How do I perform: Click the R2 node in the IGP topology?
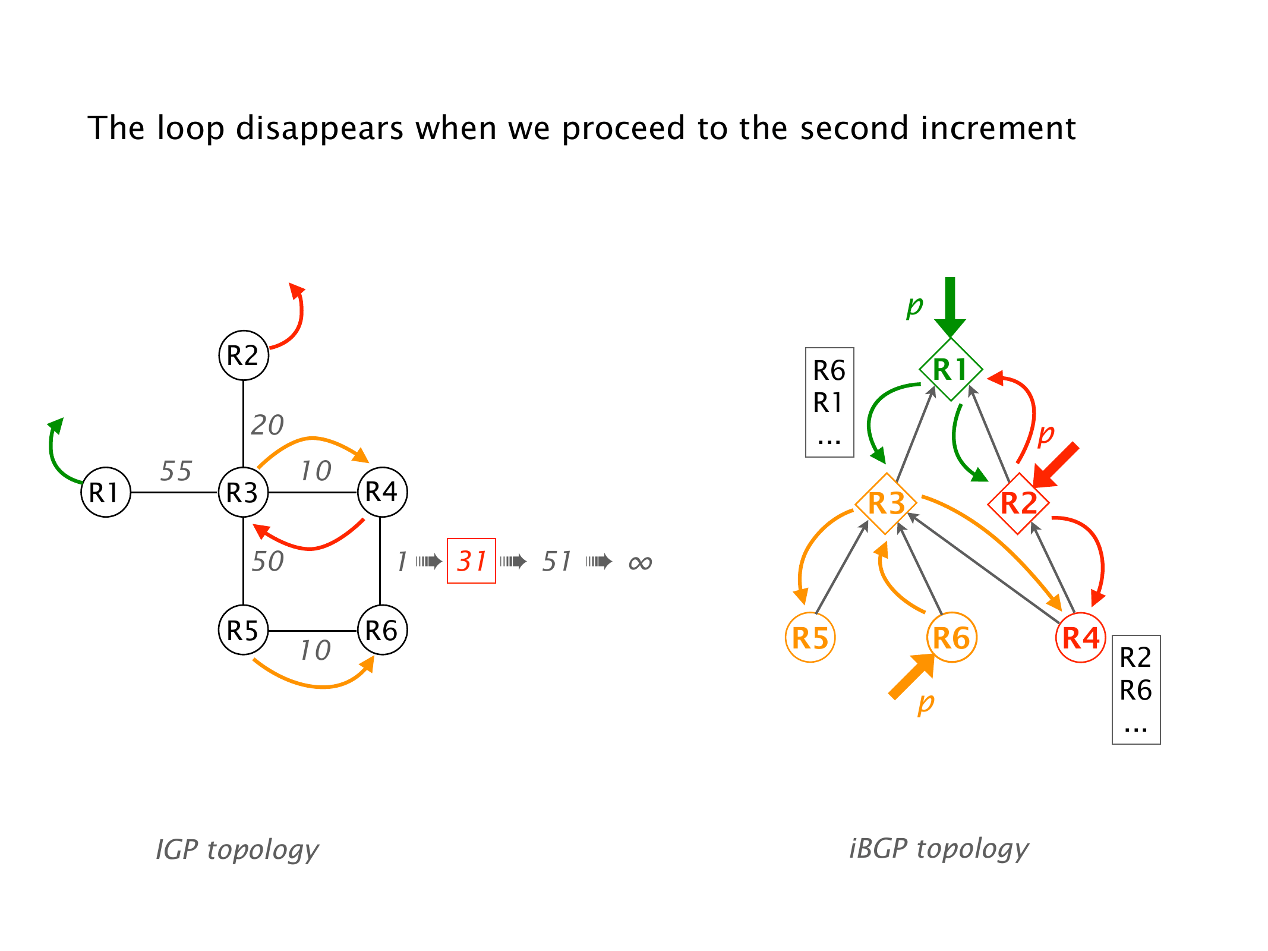244,355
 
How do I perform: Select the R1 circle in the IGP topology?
106,492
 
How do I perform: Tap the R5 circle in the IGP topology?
244,630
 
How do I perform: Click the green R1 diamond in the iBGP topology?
950,369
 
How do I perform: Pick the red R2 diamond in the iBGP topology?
1018,503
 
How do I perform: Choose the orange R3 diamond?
886,503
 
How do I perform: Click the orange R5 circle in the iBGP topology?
810,638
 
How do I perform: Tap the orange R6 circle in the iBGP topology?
951,638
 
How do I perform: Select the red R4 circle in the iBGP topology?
1081,638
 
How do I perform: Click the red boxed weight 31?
471,561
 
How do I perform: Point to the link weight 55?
176,471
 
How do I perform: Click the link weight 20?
267,425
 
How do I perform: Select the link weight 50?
267,561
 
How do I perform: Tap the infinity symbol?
640,562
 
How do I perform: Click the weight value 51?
557,561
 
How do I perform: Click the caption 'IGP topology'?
237,849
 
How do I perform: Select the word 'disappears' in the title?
320,128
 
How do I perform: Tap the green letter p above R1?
914,306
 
